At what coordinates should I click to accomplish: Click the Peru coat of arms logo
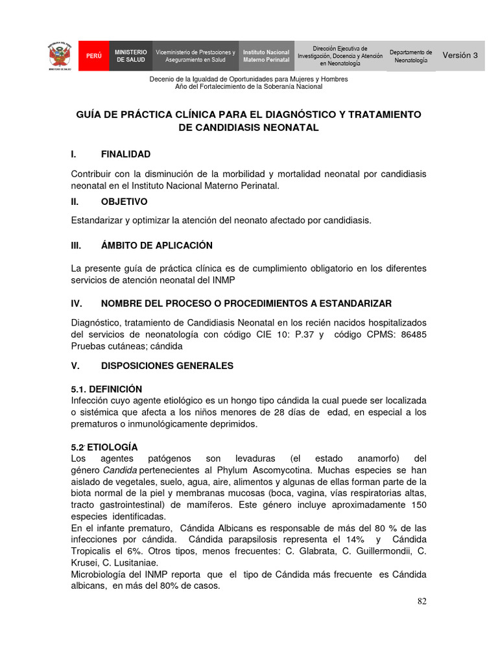(x=59, y=56)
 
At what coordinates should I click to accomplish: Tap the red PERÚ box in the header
(x=93, y=56)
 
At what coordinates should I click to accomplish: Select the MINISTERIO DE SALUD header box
(x=131, y=56)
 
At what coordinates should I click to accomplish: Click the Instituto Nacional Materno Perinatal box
(x=266, y=56)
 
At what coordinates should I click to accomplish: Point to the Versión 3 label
(x=460, y=56)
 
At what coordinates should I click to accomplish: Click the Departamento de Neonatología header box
(x=410, y=56)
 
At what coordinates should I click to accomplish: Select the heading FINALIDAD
(x=126, y=154)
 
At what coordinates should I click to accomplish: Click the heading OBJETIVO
(x=124, y=202)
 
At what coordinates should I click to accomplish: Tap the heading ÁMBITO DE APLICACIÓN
(x=157, y=246)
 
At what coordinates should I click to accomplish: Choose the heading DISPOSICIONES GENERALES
(x=167, y=366)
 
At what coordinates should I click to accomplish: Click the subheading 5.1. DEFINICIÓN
(x=106, y=389)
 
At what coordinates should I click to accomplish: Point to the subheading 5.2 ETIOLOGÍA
(x=104, y=447)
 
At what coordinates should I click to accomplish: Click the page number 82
(x=422, y=601)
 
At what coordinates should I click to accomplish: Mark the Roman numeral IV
(x=76, y=303)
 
